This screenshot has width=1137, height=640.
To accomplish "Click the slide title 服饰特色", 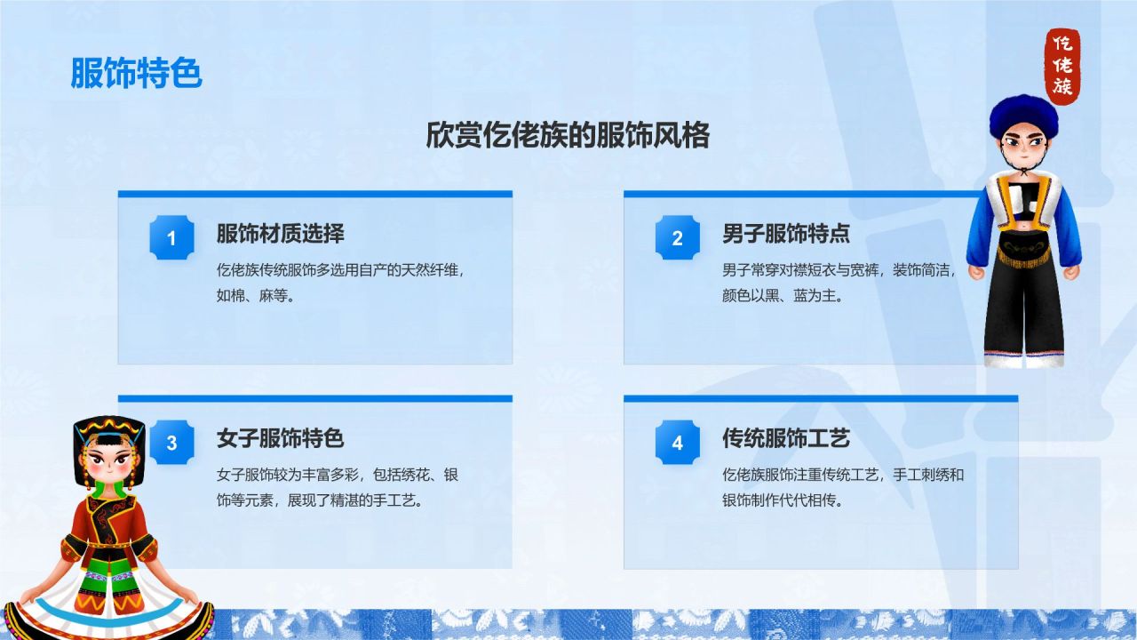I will click(x=136, y=74).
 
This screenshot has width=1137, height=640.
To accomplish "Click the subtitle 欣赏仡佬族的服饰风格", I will click(x=568, y=136).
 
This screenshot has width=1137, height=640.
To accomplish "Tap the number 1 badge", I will click(x=171, y=237).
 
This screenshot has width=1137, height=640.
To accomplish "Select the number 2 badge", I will click(x=677, y=237).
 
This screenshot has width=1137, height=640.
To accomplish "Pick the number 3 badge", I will click(x=171, y=443).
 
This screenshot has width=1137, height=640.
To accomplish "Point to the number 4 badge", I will click(x=677, y=443).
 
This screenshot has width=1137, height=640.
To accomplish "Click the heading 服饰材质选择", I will click(x=280, y=234).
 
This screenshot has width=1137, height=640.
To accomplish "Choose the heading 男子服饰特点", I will click(x=785, y=234).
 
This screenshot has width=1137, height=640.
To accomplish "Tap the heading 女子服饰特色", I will click(x=280, y=438).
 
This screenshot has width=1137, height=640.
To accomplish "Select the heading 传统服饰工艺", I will click(x=785, y=438).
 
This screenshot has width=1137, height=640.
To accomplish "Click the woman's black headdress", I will click(x=108, y=431).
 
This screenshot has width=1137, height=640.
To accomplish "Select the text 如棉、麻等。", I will click(x=256, y=296).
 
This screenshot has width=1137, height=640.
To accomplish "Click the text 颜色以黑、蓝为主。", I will click(x=782, y=296).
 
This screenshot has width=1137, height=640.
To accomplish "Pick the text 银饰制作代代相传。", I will click(x=782, y=500).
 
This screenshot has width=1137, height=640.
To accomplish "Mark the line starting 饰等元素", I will click(x=319, y=500).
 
